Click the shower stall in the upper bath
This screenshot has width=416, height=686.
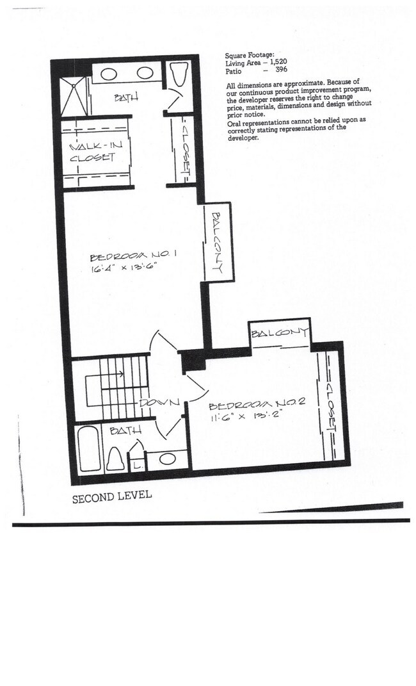(x=74, y=97)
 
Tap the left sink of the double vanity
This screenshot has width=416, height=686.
(x=109, y=74)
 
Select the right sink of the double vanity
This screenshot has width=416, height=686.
(x=145, y=74)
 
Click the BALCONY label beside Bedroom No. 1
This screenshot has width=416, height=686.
(x=217, y=243)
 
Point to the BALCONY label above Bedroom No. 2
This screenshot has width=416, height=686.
(x=280, y=333)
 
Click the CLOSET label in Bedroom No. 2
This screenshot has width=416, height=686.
(x=331, y=407)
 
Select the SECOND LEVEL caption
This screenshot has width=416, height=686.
(x=111, y=496)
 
